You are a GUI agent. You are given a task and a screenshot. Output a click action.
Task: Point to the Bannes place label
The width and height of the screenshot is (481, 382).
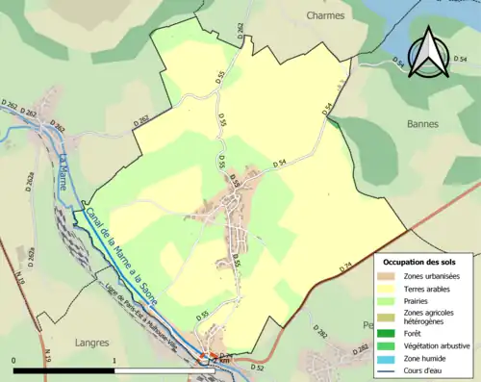pos(422,124)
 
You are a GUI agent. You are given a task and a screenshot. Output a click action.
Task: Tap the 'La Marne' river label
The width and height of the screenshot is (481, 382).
pos(65,171)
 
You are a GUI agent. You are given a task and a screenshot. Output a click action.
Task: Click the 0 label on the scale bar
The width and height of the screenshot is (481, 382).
pos(14,360)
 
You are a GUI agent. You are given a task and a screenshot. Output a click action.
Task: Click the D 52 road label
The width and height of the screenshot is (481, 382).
pos(257,368)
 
